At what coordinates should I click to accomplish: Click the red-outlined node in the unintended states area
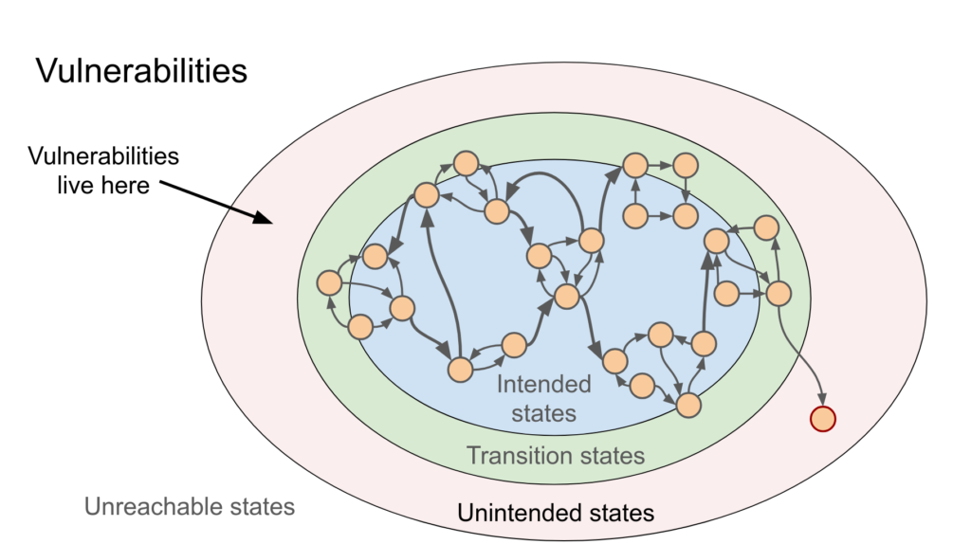pos(822,417)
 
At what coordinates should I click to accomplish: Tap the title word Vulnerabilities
pos(141,71)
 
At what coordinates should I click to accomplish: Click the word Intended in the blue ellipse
pos(544,385)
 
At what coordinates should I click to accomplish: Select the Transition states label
pos(555,456)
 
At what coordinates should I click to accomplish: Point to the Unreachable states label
pos(189,506)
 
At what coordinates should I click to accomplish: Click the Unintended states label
pos(556,513)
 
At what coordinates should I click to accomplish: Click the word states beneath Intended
pos(543,413)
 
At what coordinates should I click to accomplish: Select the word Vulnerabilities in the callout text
pos(102,156)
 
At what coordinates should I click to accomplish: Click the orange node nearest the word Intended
pos(513,346)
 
